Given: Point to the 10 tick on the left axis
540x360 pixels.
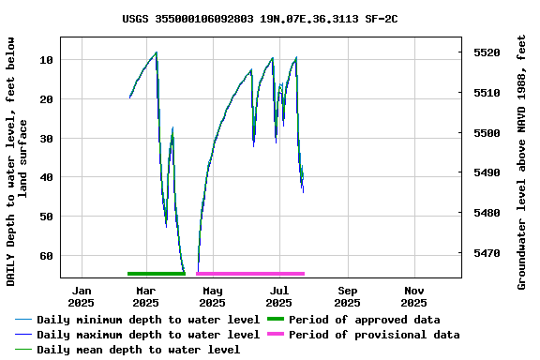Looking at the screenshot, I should point(47,60).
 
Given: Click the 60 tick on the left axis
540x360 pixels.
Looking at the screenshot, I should point(47,255).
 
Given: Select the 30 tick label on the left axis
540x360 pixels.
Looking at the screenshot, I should point(47,138).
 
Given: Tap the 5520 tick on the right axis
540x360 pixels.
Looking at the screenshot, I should point(487,52).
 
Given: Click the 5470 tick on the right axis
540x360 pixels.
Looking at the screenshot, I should point(487,253).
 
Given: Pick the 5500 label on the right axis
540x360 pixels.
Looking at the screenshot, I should point(487,133).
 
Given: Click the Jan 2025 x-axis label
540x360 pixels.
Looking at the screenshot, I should point(82,296).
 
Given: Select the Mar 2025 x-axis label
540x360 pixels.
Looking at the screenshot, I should point(145,296).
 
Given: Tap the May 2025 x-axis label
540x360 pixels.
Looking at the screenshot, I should point(212,296).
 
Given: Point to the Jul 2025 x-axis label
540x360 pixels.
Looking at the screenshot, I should point(279,296).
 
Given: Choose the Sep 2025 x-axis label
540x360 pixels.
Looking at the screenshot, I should point(347,296).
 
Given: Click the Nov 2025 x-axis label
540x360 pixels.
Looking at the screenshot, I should point(413,296).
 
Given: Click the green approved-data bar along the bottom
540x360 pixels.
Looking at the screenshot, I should point(157,274).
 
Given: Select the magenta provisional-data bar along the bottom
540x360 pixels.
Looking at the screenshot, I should point(250,274).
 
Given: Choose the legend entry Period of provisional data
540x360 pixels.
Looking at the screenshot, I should point(374,335).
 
